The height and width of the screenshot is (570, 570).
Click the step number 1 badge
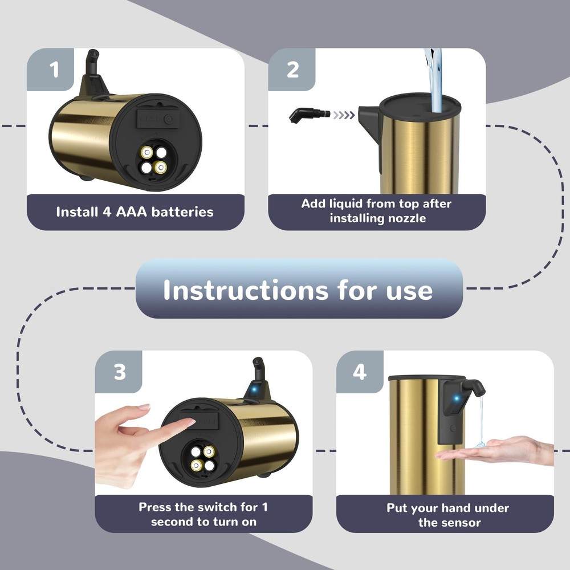coord(54,71)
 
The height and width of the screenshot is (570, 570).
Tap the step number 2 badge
coord(292,70)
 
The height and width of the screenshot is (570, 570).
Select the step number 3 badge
coord(119,372)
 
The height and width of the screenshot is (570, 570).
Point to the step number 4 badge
coord(359,372)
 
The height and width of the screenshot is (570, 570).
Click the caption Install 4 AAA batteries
coord(135,212)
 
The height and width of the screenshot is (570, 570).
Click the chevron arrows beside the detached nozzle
coord(343,115)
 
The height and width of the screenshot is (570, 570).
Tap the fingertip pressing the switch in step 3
coord(189,422)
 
